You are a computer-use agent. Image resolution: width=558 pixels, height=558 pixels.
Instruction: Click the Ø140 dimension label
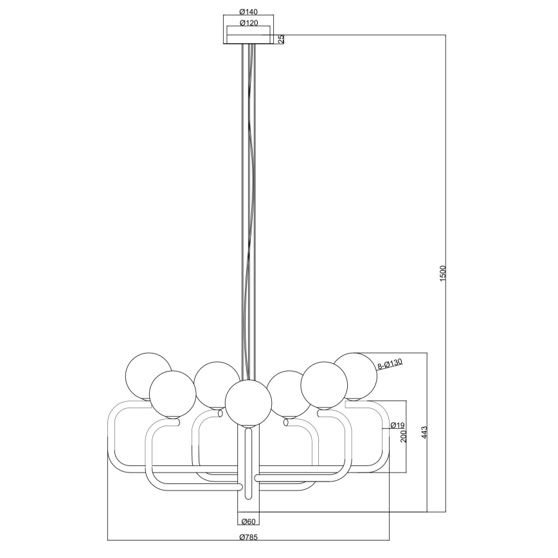click(248, 11)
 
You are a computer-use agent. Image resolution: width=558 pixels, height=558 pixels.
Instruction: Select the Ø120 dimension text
click(248, 22)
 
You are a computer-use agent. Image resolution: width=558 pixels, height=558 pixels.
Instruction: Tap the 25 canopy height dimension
click(281, 39)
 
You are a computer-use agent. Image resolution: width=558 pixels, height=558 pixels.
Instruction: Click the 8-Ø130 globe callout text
click(390, 364)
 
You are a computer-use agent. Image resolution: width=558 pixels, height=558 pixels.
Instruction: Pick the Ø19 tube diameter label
click(397, 425)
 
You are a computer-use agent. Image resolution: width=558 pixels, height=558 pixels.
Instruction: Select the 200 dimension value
click(403, 437)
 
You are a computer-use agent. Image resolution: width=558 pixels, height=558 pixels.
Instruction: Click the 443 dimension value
click(424, 432)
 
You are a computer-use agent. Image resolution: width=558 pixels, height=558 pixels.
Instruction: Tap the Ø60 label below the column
click(248, 523)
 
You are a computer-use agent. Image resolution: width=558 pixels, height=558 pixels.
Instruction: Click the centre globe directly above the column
click(248, 402)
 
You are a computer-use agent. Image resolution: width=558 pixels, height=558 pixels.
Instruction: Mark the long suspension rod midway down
click(248, 206)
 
